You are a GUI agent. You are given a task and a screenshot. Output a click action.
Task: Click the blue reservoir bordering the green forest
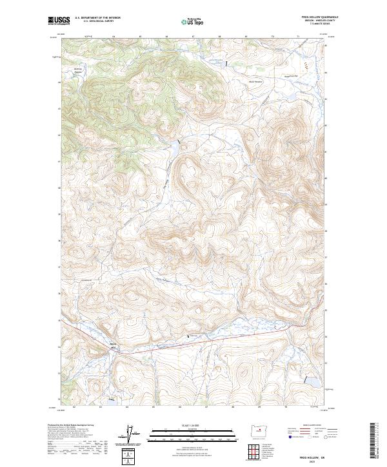174,147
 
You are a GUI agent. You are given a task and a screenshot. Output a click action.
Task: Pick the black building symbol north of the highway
188,336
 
